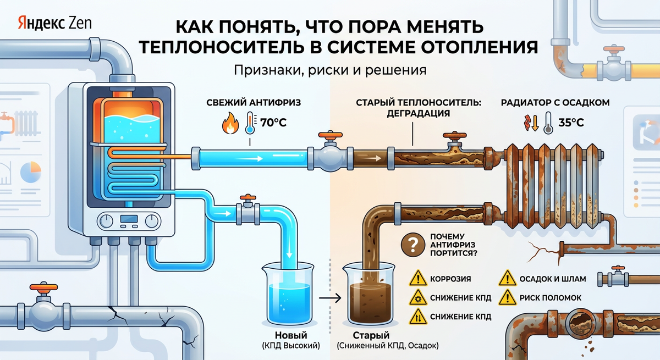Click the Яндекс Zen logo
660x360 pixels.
[x=54, y=23]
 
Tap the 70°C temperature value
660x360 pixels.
[x=273, y=123]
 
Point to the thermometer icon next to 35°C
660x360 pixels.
[x=547, y=123]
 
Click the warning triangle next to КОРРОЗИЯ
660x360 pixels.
[x=418, y=279]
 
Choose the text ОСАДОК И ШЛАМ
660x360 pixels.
[x=553, y=279]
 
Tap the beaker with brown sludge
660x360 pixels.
[x=369, y=297]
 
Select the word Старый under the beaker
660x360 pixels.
[x=371, y=335]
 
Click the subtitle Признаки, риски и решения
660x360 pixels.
[x=330, y=71]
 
